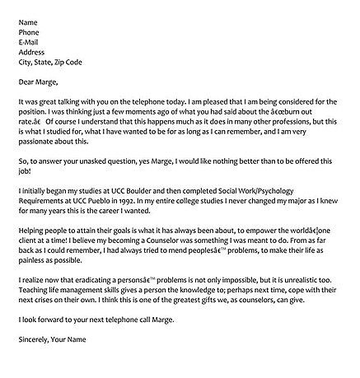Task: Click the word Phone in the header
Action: point(30,32)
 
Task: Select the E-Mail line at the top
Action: point(30,42)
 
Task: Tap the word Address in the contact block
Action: point(34,52)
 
